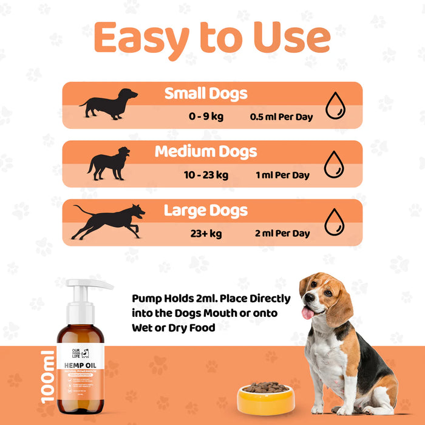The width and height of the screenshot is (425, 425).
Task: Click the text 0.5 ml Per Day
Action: pyautogui.click(x=281, y=117)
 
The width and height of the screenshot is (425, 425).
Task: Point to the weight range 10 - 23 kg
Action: pyautogui.click(x=206, y=175)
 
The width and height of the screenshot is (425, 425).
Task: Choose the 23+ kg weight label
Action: pyautogui.click(x=206, y=233)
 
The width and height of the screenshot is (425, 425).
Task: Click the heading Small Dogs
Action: pyautogui.click(x=206, y=93)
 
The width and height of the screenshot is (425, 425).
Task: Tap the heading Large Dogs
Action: pyautogui.click(x=206, y=211)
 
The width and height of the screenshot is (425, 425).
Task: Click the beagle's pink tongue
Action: pyautogui.click(x=308, y=313)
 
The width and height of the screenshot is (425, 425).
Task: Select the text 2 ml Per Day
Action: pyautogui.click(x=283, y=233)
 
